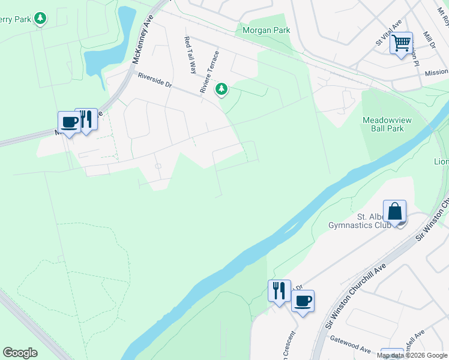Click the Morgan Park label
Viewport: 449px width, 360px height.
[266, 30]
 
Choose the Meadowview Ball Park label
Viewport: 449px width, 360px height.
[387, 124]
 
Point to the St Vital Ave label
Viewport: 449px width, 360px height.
[382, 40]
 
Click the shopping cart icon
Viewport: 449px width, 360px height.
[400, 43]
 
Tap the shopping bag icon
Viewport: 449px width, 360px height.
[394, 212]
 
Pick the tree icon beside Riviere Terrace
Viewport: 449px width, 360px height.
[222, 89]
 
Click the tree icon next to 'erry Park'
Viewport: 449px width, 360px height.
[40, 19]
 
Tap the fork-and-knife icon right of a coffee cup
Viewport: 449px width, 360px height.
[86, 119]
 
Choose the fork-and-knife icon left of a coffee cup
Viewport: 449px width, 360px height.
[279, 291]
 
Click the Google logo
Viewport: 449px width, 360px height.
[20, 353]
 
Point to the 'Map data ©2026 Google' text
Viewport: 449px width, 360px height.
[412, 355]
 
